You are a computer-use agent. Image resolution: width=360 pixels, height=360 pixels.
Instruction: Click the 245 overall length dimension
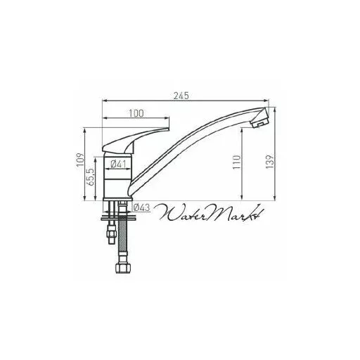click(181, 96)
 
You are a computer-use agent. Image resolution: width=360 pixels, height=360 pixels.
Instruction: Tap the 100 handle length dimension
click(136, 113)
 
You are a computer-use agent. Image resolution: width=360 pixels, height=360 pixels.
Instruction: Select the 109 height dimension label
click(80, 160)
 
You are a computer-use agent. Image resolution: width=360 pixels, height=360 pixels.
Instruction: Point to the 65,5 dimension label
click(91, 177)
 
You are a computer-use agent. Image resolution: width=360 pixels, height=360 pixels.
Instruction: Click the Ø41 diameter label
click(118, 164)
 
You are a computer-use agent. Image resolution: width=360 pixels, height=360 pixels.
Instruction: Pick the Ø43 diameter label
click(141, 207)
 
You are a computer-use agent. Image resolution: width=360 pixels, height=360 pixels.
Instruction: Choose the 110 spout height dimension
click(237, 162)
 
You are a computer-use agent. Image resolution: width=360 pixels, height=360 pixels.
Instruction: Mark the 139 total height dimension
click(270, 161)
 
